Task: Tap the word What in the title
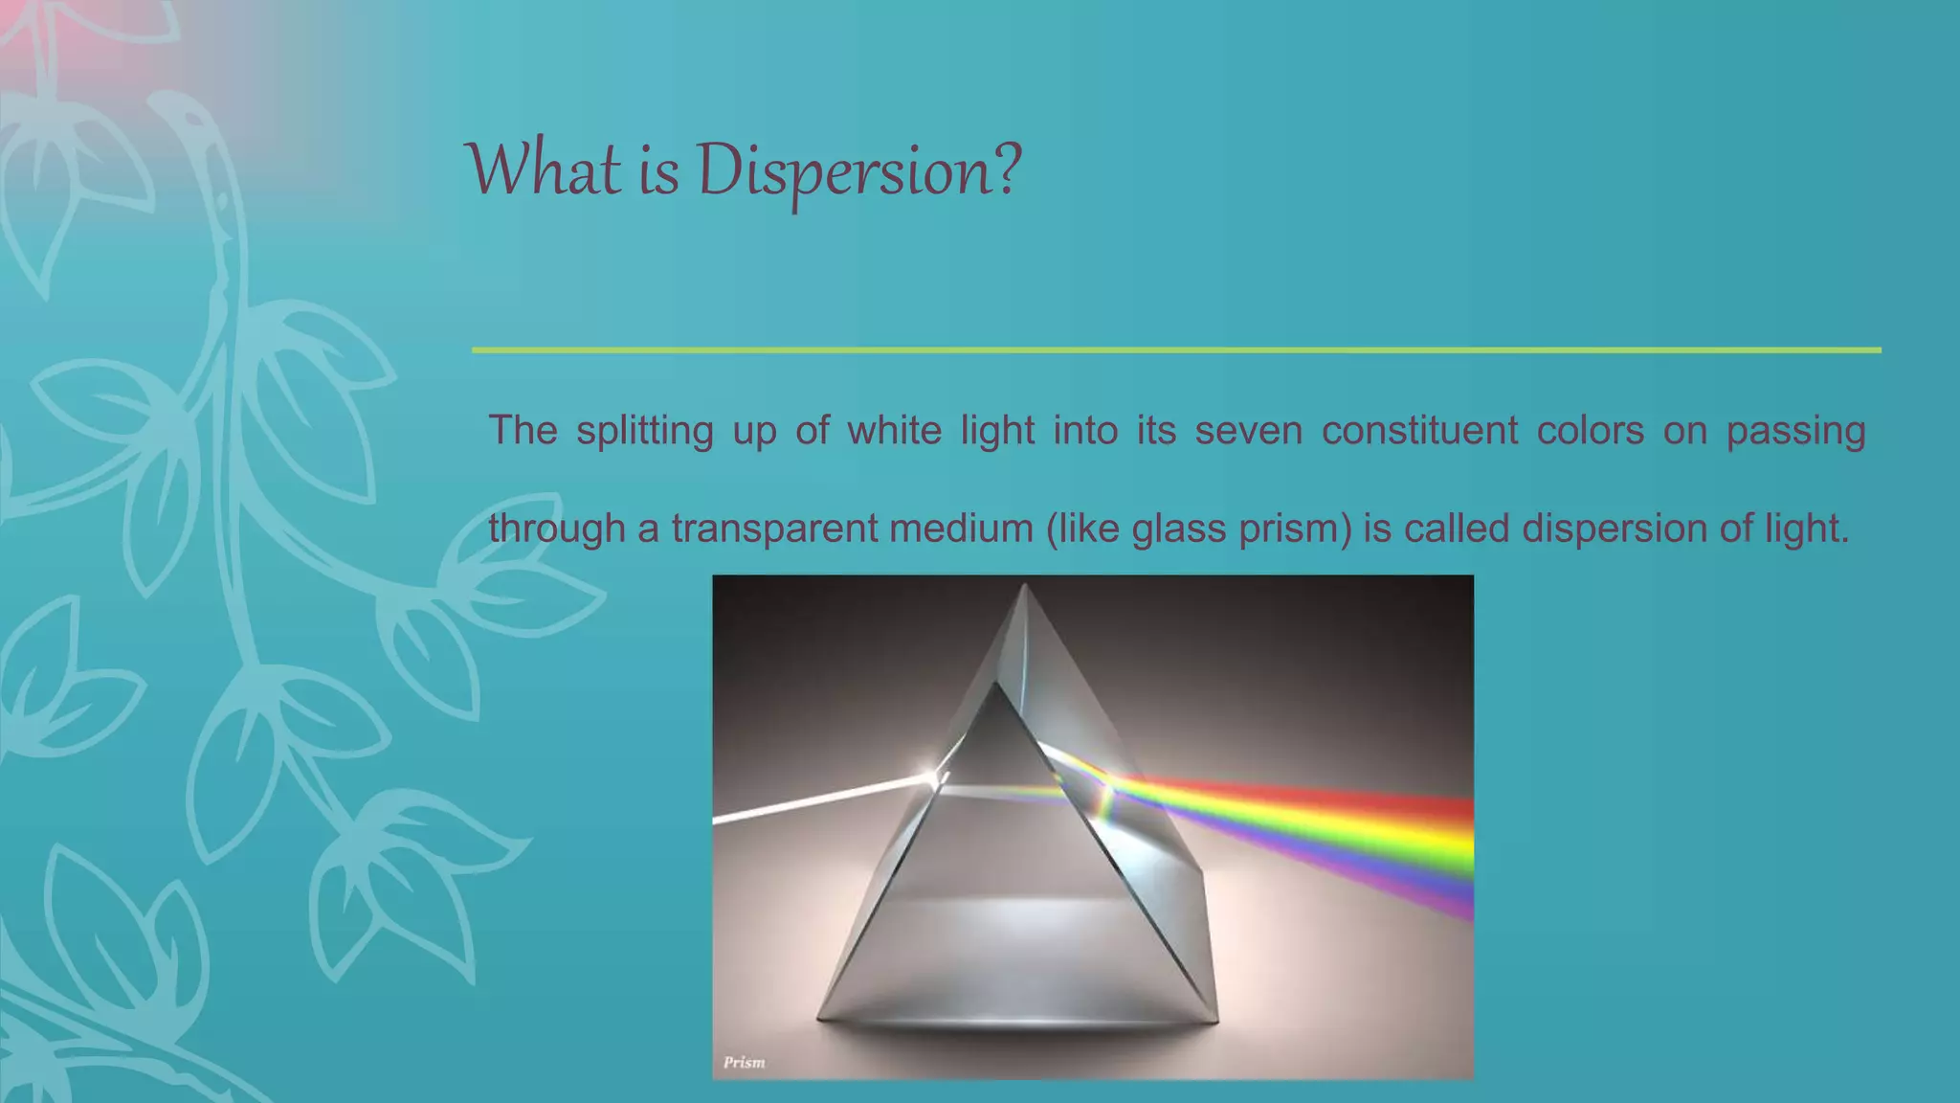[543, 170]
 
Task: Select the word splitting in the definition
[644, 431]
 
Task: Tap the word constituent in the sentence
[1419, 430]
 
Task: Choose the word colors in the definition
[1590, 430]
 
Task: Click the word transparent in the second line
[773, 529]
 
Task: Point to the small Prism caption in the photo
[744, 1062]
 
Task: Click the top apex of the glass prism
[1024, 586]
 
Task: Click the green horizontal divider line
[1175, 350]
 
